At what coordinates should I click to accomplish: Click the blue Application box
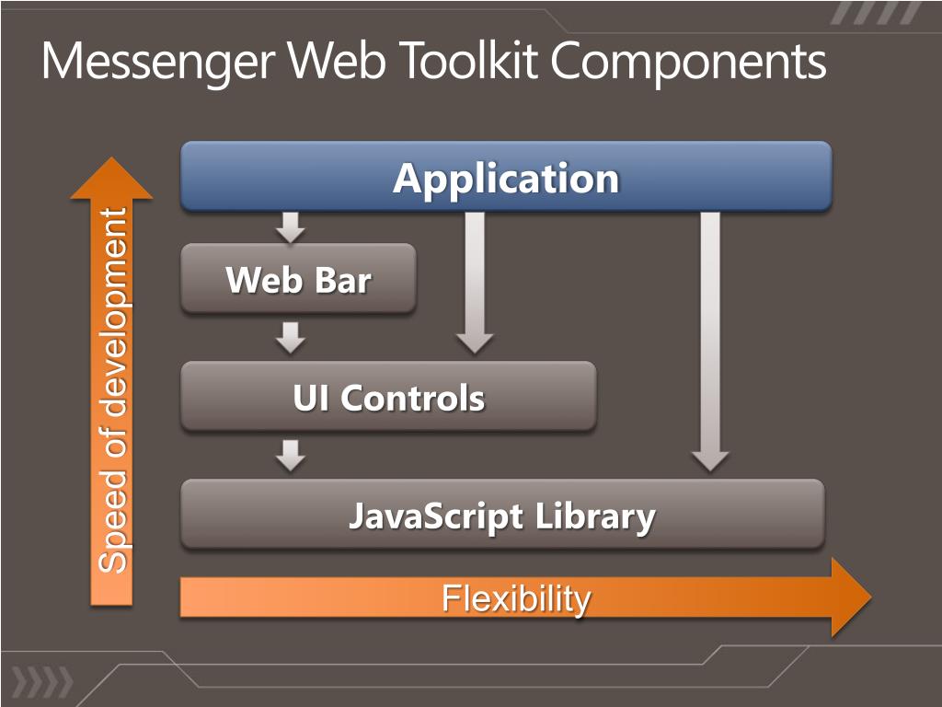tap(506, 176)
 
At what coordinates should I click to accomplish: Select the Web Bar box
tap(298, 278)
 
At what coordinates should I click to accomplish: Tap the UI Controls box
tap(388, 397)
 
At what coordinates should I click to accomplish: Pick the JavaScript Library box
tap(502, 514)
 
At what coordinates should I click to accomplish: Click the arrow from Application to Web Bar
tap(291, 226)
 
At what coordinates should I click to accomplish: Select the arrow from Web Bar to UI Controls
tap(291, 337)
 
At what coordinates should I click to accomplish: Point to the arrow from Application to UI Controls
tap(475, 281)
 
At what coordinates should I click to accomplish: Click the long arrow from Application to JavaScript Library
tap(709, 341)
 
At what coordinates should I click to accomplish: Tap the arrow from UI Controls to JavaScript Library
tap(291, 455)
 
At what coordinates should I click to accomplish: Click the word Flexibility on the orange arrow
tap(516, 598)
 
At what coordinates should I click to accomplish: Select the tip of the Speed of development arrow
tap(111, 166)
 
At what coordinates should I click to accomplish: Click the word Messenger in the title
tap(160, 63)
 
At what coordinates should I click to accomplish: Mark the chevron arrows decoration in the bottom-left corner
tap(41, 682)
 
